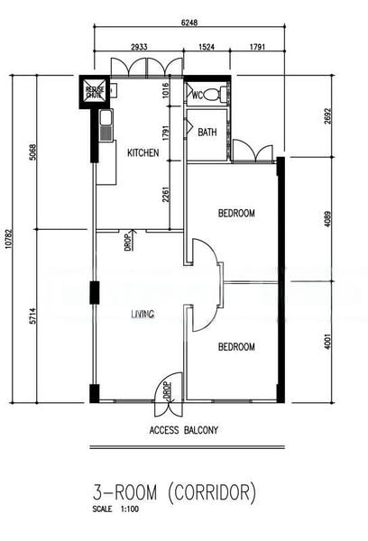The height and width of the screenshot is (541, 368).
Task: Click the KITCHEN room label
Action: tap(143, 153)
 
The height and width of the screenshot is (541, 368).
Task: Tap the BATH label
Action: tap(207, 133)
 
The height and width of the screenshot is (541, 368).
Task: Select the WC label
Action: tap(197, 95)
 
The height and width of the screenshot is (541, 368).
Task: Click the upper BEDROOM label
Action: tap(236, 214)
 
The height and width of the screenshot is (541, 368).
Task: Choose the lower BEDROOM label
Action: tap(236, 347)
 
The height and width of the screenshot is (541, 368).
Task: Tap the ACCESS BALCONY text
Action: tap(183, 430)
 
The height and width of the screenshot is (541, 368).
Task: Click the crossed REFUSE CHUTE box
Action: tap(95, 93)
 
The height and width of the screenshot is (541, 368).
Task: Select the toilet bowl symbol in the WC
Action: tap(213, 94)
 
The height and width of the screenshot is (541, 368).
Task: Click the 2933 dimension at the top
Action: tap(139, 45)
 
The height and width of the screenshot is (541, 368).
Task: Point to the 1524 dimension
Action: tap(207, 45)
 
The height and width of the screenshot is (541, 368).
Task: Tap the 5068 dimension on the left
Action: tap(32, 153)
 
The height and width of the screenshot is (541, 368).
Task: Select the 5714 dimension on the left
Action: tap(32, 316)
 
